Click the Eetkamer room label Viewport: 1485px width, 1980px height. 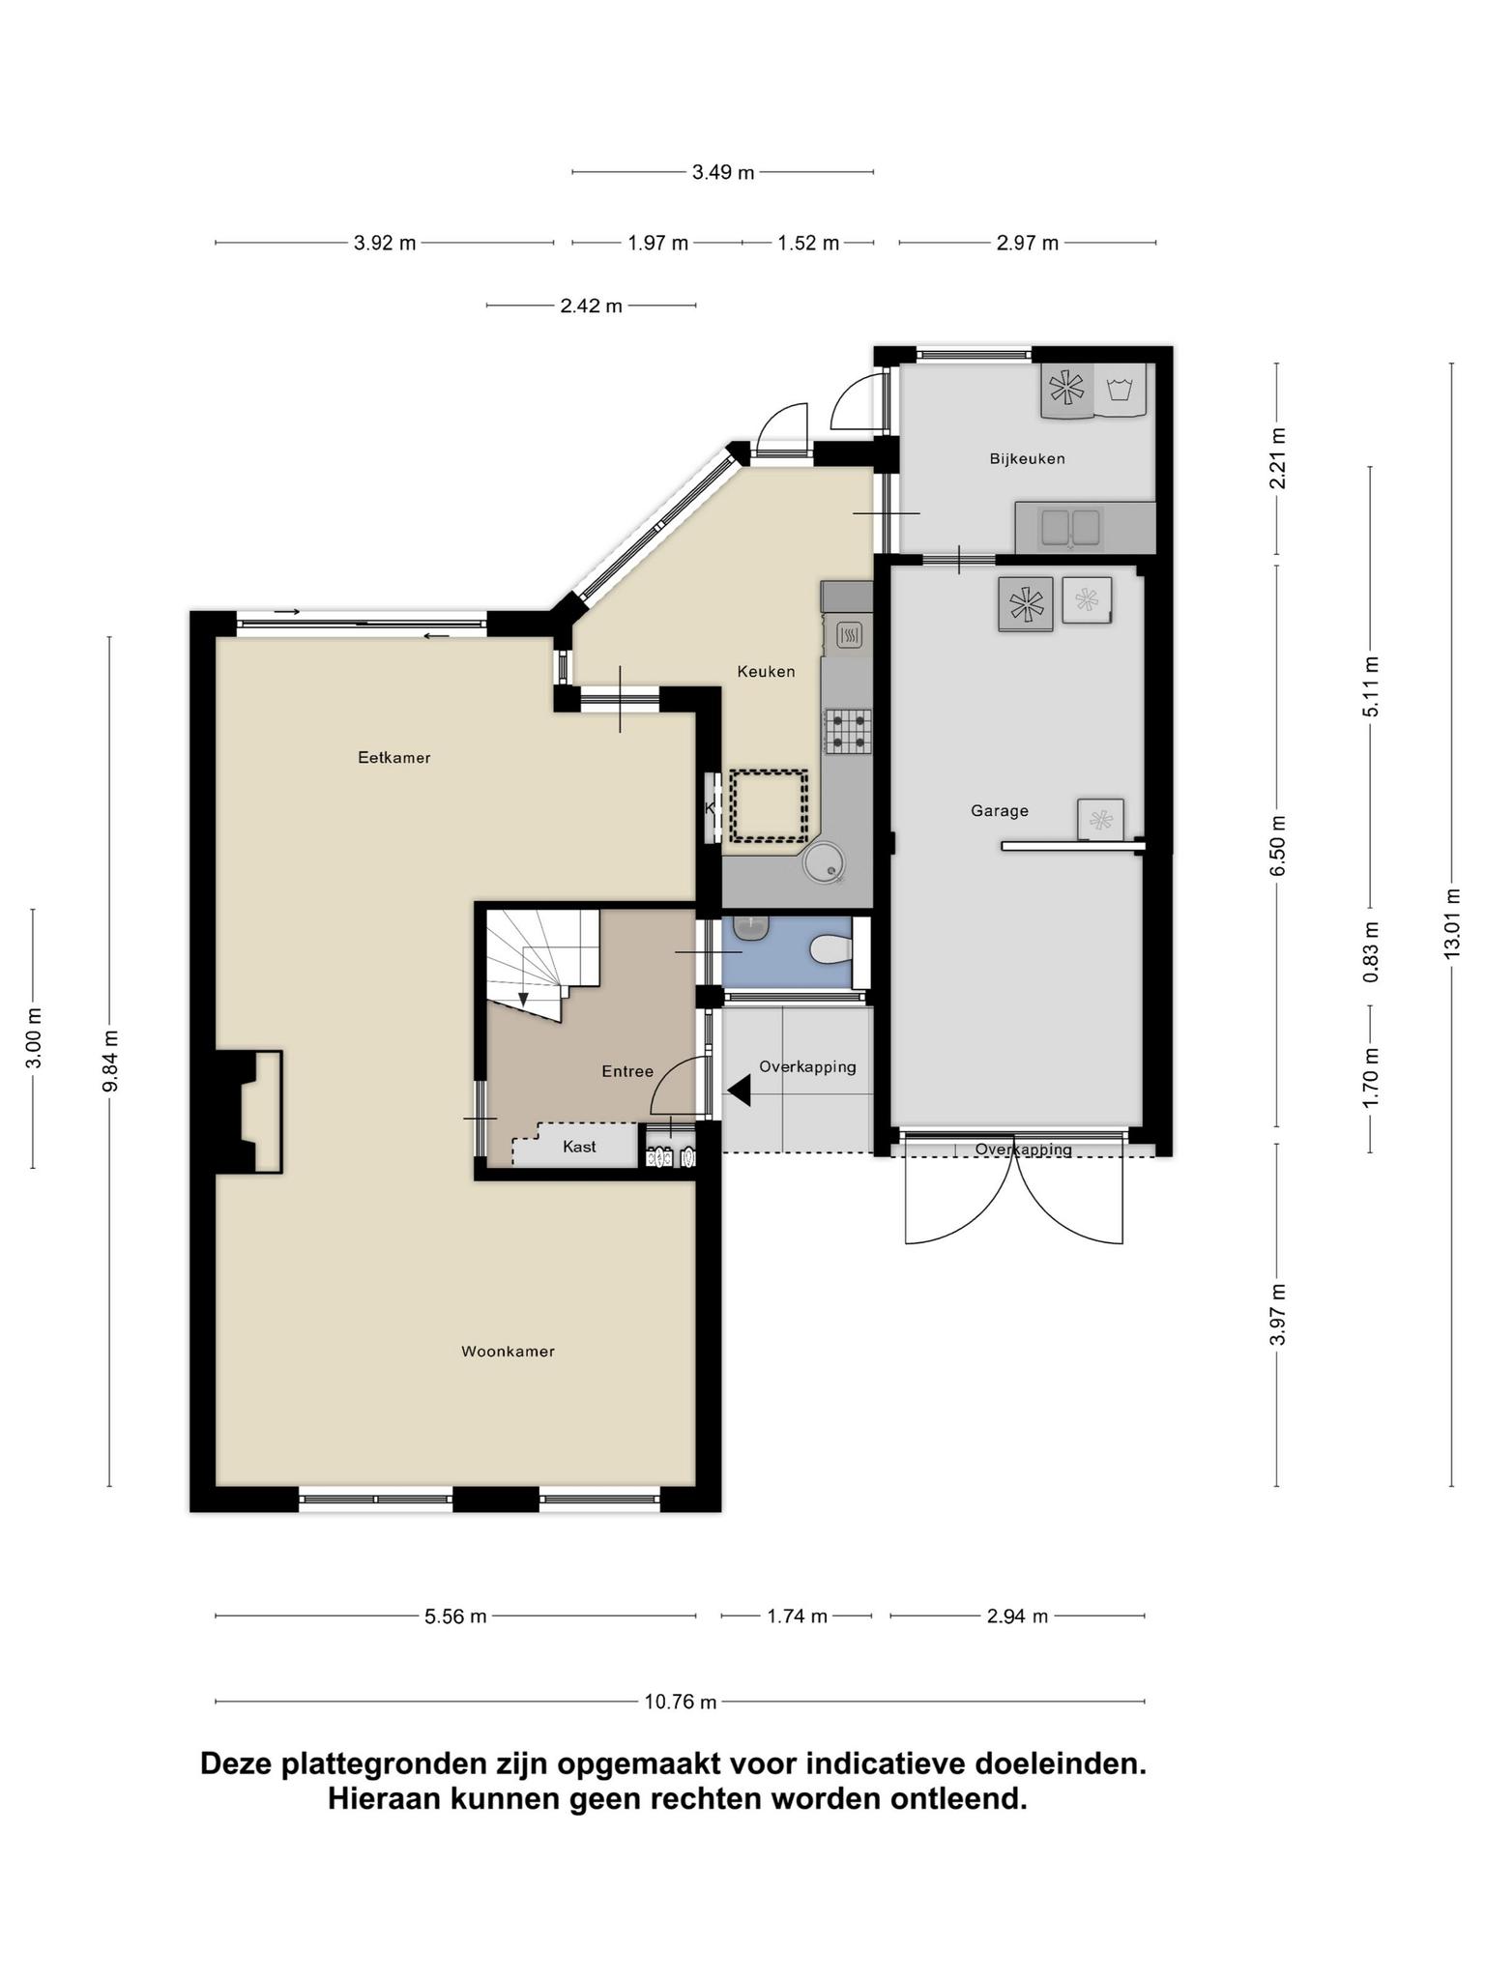point(393,758)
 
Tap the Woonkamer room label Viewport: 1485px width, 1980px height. point(508,1352)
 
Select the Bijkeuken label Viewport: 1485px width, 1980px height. point(1027,458)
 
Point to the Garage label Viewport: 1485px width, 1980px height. point(1000,811)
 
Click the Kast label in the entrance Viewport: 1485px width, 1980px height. point(579,1147)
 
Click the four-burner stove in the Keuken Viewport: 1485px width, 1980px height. point(848,731)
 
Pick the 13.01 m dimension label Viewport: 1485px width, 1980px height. point(1451,923)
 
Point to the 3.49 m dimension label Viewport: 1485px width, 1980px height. point(723,173)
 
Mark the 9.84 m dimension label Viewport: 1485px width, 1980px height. point(110,1061)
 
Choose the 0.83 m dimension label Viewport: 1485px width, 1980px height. point(1371,952)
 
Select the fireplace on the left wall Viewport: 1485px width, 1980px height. point(249,1112)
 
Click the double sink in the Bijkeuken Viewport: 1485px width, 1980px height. point(1070,527)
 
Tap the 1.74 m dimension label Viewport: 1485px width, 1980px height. point(797,1616)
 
